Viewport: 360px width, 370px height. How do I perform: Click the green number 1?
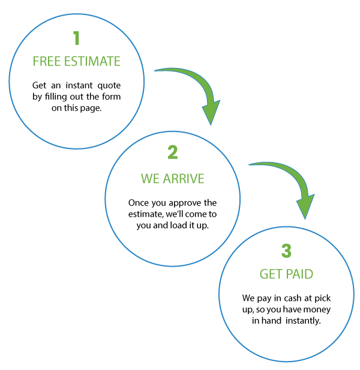[x=76, y=39]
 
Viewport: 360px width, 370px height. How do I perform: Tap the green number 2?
[x=173, y=153]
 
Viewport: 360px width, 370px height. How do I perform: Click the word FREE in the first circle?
[x=47, y=62]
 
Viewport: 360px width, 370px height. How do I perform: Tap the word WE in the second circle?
[x=150, y=179]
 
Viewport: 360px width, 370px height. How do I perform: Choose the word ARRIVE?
[x=184, y=179]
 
